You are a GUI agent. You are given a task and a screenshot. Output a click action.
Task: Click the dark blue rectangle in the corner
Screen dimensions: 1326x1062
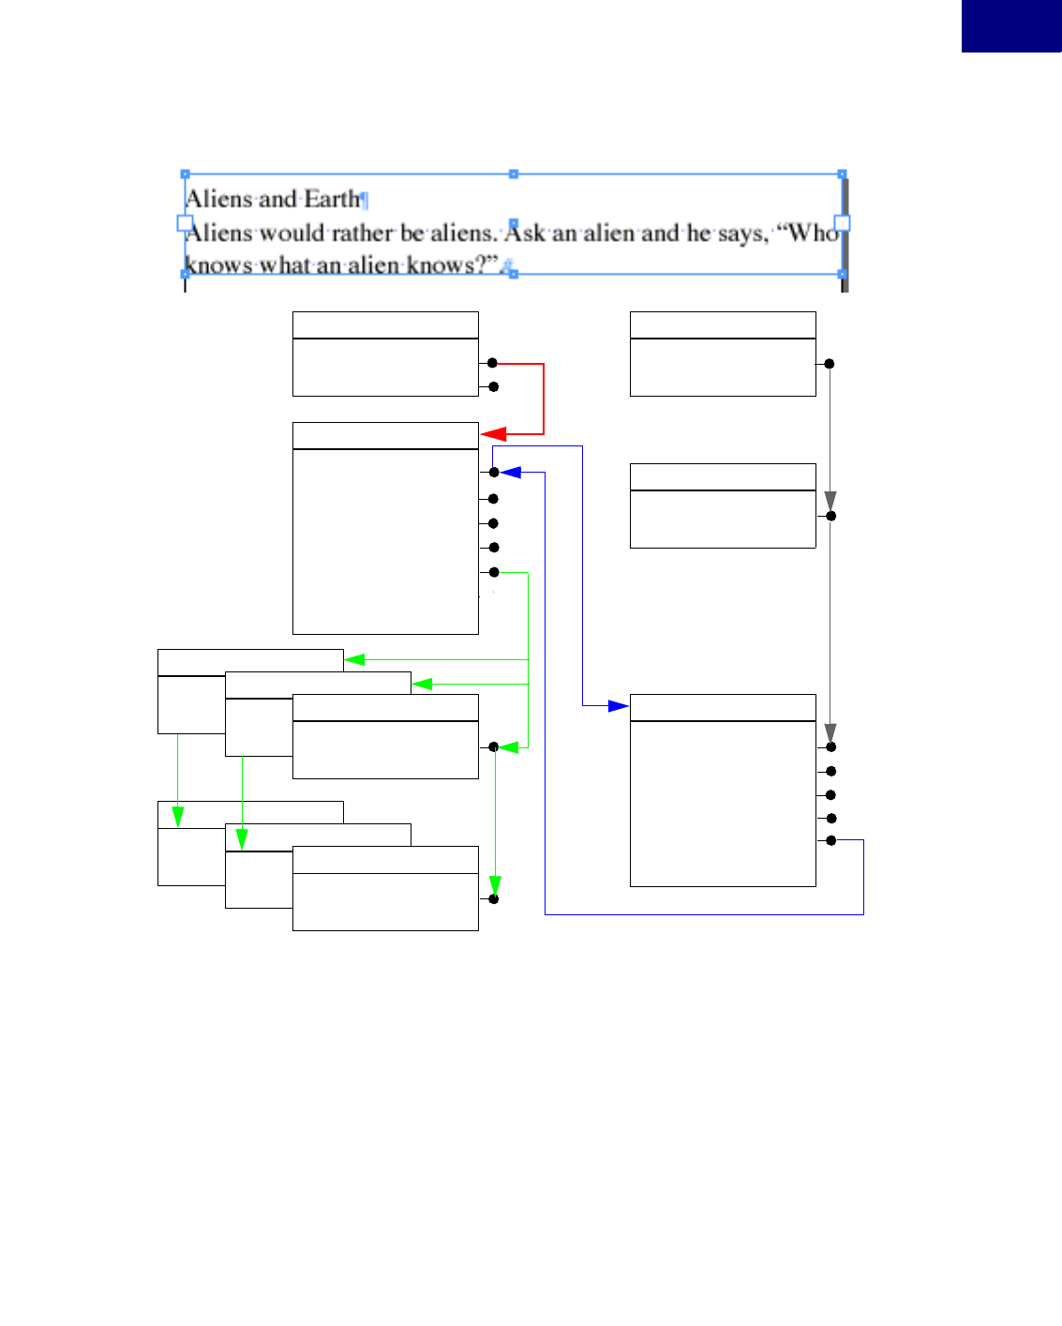coord(1011,25)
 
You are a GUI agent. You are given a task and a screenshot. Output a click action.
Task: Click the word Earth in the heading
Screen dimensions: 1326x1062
coord(332,199)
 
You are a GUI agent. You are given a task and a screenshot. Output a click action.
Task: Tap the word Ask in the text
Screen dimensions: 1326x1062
coord(526,233)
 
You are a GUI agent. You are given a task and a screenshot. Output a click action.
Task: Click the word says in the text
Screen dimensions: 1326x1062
coord(741,234)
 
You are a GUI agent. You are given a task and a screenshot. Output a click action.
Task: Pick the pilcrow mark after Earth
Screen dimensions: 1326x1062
coord(365,200)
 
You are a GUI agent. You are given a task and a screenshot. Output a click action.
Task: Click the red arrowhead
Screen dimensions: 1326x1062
coord(493,434)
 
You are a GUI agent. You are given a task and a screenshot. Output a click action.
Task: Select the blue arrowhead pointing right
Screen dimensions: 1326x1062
coord(618,705)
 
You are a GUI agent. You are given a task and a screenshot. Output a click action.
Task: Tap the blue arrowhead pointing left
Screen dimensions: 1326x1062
coord(511,473)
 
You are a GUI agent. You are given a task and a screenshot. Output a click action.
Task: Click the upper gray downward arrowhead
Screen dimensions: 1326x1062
coord(830,501)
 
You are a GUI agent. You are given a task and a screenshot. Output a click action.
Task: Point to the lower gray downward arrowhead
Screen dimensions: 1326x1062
coord(830,732)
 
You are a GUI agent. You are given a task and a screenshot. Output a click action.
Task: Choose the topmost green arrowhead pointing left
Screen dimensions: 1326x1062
coord(355,659)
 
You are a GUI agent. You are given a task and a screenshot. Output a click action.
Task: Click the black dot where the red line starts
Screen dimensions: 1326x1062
coord(493,363)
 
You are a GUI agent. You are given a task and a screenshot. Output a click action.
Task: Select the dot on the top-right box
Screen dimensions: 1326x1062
coord(829,363)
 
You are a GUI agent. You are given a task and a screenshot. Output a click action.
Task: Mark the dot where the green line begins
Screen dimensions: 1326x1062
coord(494,572)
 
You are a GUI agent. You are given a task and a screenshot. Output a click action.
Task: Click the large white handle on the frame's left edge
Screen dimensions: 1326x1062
coord(185,223)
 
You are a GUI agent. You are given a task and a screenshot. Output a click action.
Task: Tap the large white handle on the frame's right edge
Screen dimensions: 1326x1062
coord(842,223)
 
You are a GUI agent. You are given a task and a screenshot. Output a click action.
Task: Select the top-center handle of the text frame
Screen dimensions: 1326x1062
coord(513,174)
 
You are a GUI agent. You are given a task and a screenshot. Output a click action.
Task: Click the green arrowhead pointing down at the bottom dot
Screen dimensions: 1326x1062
coord(495,886)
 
